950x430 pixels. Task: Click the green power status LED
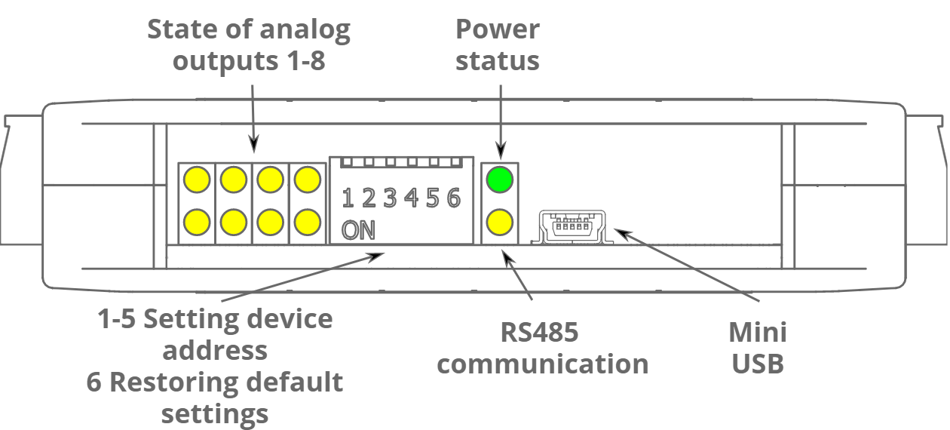click(x=499, y=180)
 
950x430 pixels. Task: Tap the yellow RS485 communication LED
click(x=499, y=223)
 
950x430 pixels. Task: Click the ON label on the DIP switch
click(x=358, y=230)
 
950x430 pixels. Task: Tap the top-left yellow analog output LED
click(x=197, y=180)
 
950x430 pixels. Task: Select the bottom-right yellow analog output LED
click(x=307, y=223)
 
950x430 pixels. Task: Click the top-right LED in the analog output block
click(x=307, y=180)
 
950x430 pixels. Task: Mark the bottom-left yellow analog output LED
click(x=197, y=223)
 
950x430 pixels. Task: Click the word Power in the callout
click(x=498, y=30)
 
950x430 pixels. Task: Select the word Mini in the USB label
click(x=757, y=332)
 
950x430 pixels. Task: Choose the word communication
click(x=543, y=364)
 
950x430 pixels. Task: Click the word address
click(x=215, y=350)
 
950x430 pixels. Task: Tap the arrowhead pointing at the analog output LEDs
click(x=253, y=143)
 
